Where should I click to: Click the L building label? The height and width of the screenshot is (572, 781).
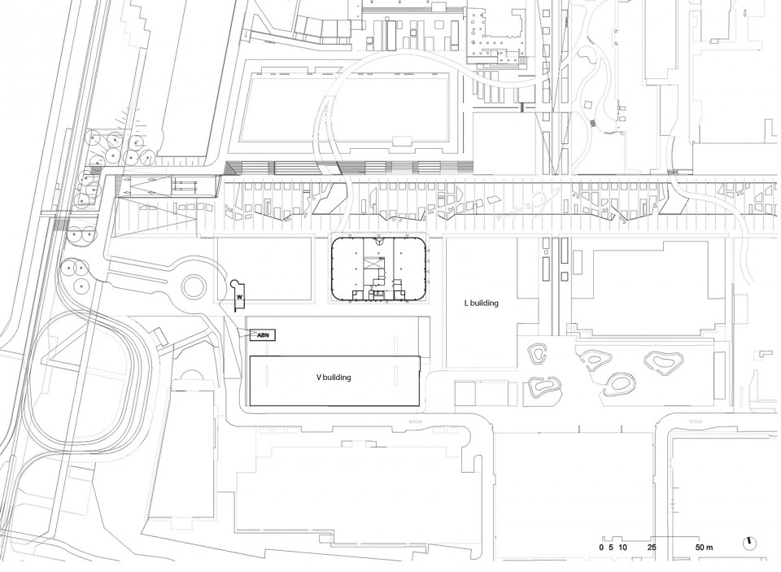[x=481, y=303]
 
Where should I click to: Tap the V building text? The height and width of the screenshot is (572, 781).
[x=334, y=378]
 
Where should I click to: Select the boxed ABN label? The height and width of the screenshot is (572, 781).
[x=264, y=335]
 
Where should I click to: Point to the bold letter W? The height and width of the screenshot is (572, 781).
[x=239, y=296]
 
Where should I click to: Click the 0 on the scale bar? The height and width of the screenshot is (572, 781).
[x=601, y=547]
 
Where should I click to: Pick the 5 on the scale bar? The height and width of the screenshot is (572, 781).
[x=611, y=547]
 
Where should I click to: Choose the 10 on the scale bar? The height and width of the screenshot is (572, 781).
[x=622, y=547]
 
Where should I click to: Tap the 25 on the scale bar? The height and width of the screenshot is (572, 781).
[x=652, y=547]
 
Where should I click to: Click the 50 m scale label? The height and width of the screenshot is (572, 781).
[x=705, y=547]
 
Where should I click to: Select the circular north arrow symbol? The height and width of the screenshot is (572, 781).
[x=748, y=542]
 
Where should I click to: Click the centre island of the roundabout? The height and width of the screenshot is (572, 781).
[x=194, y=286]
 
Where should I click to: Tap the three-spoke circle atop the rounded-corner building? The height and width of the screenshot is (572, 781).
[x=379, y=242]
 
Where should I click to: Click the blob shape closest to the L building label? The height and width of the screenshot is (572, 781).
[x=538, y=354]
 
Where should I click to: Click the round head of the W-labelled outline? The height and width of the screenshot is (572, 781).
[x=234, y=283]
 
